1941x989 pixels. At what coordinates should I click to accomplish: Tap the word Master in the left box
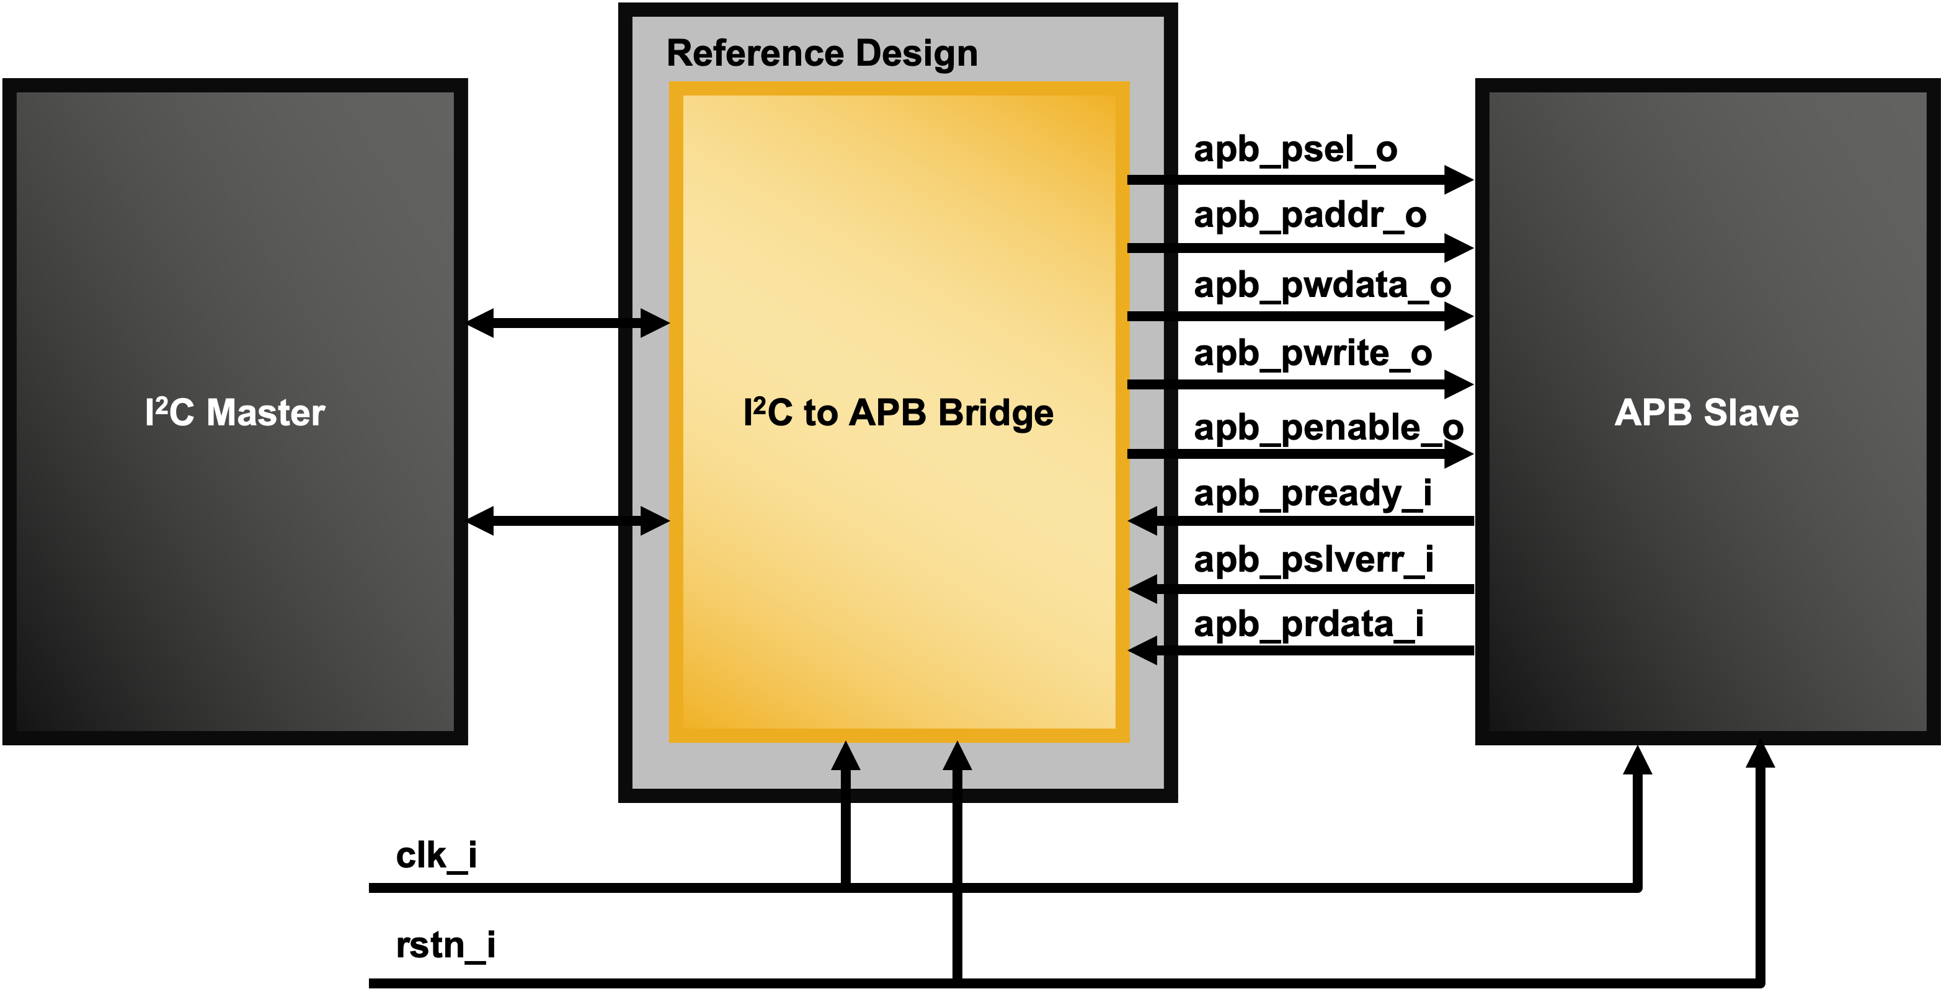coord(265,413)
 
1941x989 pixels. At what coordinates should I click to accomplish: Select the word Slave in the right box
coord(1751,413)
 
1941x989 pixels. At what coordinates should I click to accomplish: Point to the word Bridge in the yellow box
coord(996,413)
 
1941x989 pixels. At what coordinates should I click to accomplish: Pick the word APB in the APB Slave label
coord(1653,413)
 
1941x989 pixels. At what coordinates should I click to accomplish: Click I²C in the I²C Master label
coord(169,413)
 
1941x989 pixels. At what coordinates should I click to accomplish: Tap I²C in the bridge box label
coord(767,413)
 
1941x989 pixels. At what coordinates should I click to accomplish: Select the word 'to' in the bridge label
coord(820,413)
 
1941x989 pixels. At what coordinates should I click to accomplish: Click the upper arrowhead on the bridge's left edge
coord(654,323)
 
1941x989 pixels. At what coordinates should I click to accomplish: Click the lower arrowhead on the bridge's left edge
coord(654,520)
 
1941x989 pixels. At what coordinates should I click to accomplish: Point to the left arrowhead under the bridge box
coord(845,756)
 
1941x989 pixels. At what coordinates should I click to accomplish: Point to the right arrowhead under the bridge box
coord(957,756)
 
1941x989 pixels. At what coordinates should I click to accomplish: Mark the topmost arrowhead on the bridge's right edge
coord(1143,520)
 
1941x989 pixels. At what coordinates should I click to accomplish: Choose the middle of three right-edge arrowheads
coord(1143,588)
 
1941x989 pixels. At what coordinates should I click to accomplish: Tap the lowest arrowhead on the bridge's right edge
coord(1143,651)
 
